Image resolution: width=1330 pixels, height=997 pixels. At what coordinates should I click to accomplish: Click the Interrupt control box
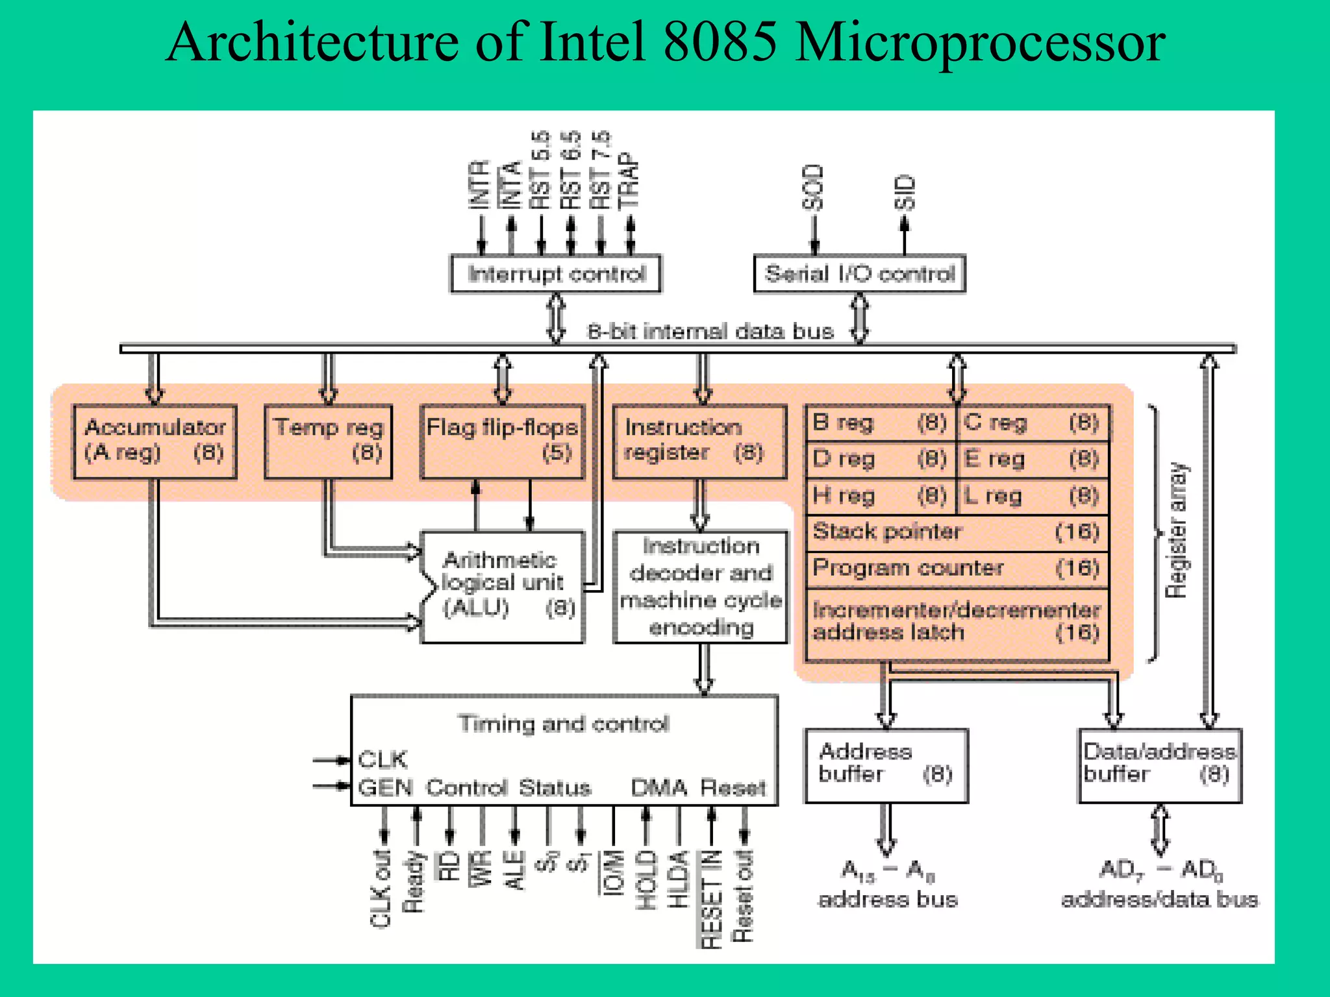(x=556, y=274)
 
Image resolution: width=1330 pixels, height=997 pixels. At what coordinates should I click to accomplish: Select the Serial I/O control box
(x=859, y=274)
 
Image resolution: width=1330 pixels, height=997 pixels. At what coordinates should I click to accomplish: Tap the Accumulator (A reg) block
(x=155, y=441)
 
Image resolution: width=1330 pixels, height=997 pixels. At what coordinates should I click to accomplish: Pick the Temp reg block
(x=329, y=441)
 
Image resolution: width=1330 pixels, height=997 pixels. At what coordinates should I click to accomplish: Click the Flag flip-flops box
(x=502, y=441)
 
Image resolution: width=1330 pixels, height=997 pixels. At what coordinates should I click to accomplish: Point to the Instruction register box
(x=699, y=441)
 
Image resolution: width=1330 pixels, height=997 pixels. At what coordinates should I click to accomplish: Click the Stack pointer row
(x=957, y=532)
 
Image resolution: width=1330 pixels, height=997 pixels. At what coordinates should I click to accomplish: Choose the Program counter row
(x=957, y=569)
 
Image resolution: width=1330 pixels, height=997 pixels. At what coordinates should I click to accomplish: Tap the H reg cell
(x=880, y=497)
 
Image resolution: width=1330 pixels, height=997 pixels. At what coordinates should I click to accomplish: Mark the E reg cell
(x=1032, y=460)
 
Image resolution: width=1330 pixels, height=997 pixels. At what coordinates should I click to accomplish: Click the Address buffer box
(x=886, y=765)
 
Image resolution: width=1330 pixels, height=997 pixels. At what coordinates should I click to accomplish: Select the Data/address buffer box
(x=1159, y=765)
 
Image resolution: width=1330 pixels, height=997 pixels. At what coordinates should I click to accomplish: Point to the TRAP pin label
(x=629, y=182)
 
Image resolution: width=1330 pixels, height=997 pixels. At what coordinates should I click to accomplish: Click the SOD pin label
(x=813, y=188)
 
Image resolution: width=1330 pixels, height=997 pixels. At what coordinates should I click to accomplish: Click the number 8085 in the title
(x=720, y=42)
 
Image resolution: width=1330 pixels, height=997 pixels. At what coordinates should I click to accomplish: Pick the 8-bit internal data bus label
(x=710, y=332)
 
